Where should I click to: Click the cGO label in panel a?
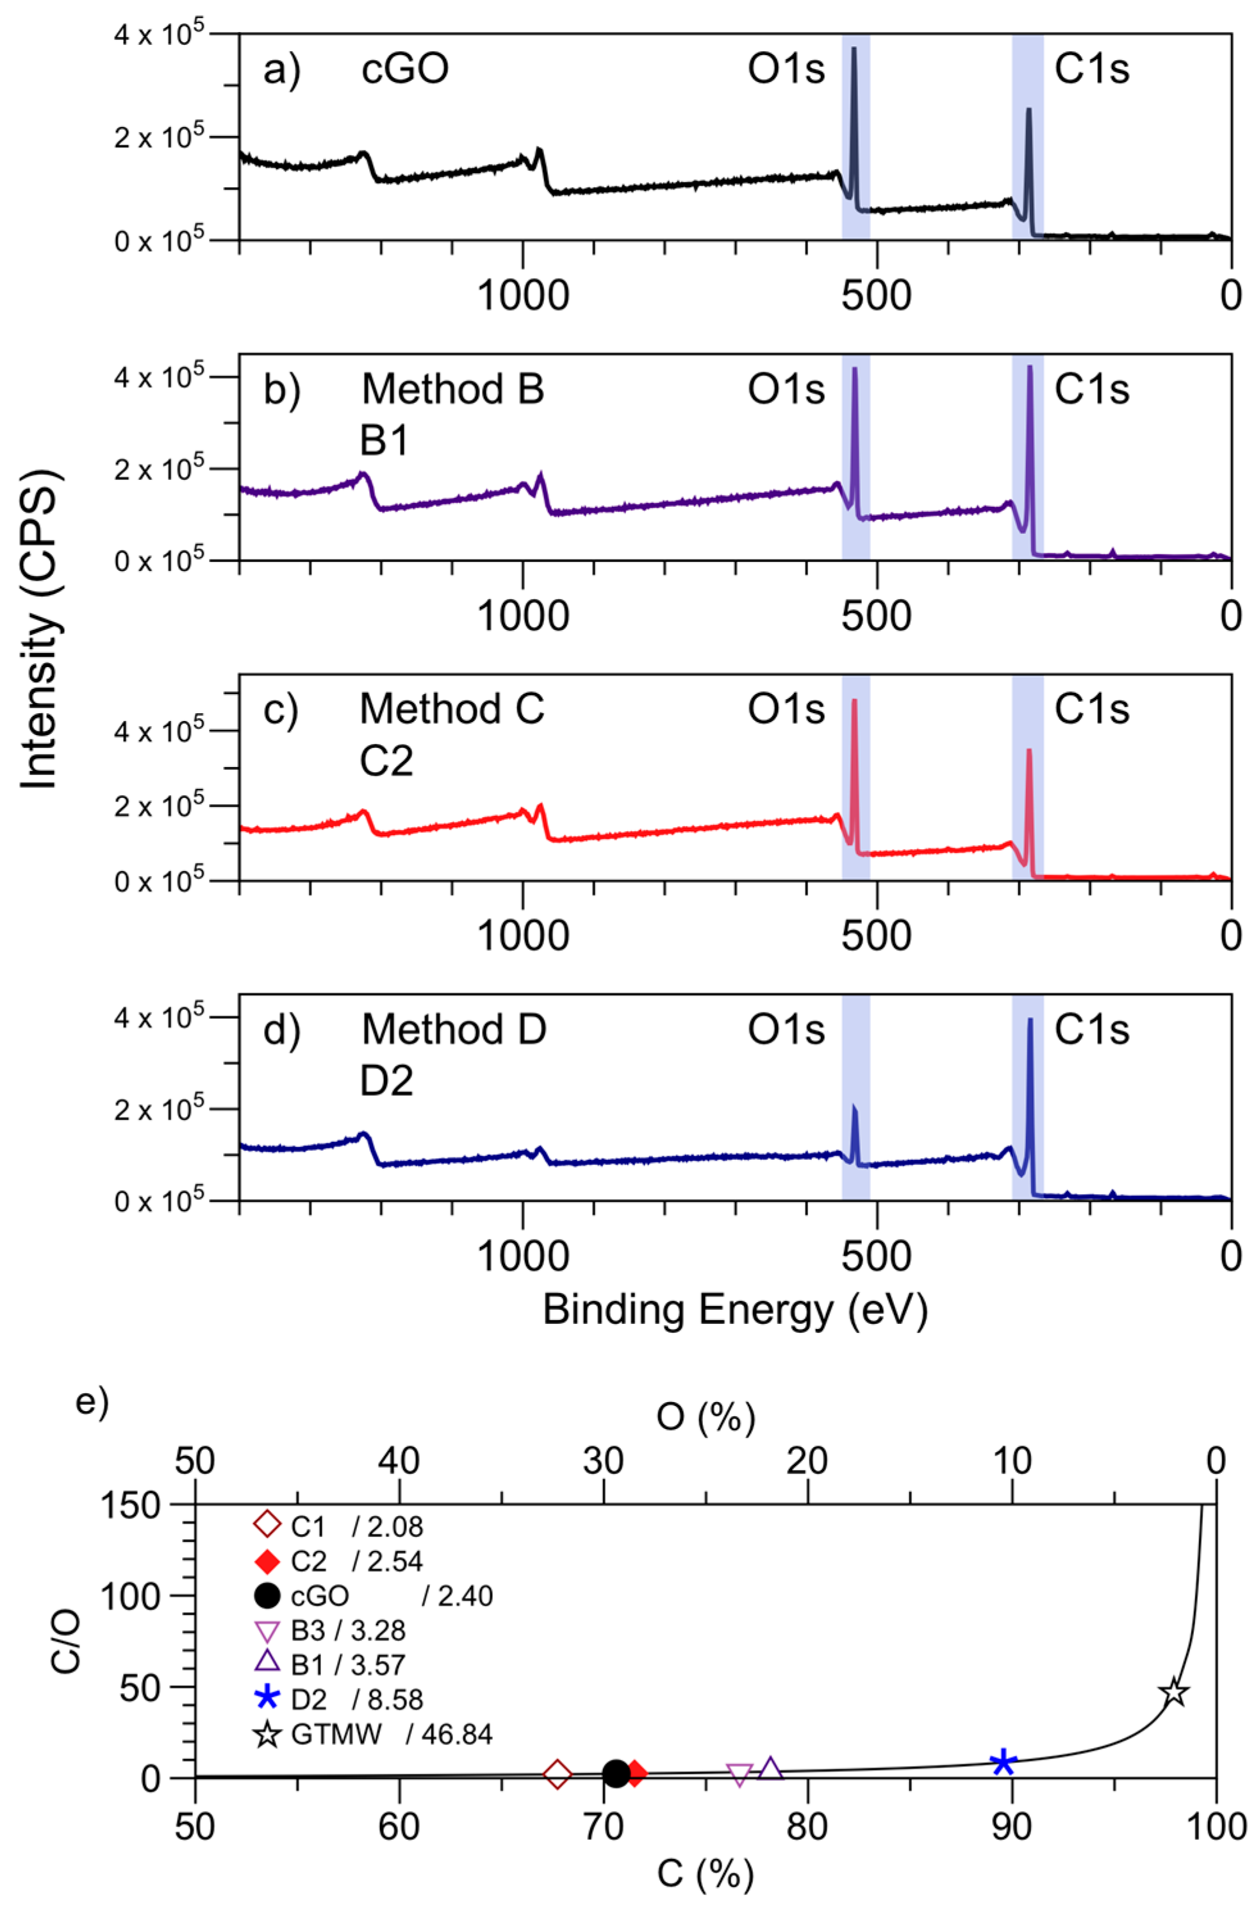tap(404, 69)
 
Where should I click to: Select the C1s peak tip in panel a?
tap(1029, 110)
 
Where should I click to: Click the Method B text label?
tap(452, 390)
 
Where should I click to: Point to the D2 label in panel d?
tap(386, 1081)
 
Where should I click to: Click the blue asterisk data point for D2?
tap(1004, 1762)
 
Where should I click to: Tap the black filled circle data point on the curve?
tap(615, 1773)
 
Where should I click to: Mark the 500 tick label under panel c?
tap(876, 936)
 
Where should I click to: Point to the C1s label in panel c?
tap(1091, 709)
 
